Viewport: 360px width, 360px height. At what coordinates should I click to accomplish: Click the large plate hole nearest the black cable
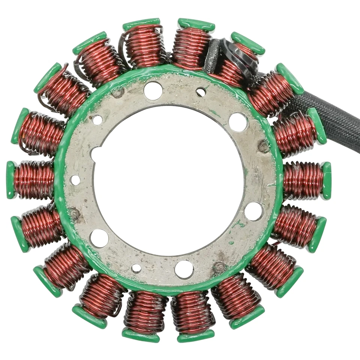pyautogui.click(x=238, y=122)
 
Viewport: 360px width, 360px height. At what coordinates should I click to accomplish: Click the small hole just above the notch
pyautogui.click(x=97, y=120)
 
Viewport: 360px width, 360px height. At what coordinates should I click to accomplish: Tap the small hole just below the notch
pyautogui.click(x=75, y=180)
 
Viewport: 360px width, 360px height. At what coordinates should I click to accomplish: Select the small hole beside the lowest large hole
pyautogui.click(x=136, y=268)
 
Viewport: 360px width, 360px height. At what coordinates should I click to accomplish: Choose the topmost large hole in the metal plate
pyautogui.click(x=153, y=90)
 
